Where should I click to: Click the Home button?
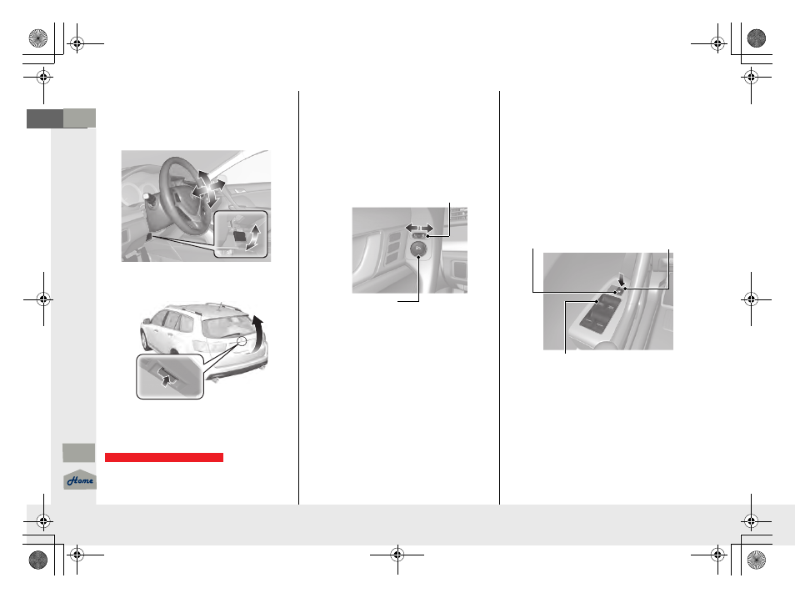click(80, 480)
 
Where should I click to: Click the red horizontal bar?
click(164, 457)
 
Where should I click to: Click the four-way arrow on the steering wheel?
click(208, 188)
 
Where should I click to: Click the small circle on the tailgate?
click(242, 341)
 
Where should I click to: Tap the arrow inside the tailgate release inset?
click(165, 377)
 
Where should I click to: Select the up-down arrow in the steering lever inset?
click(253, 237)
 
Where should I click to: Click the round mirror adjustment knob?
click(417, 249)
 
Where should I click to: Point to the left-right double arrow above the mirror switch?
click(419, 228)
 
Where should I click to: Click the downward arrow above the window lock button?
click(622, 279)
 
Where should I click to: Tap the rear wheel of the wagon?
click(145, 340)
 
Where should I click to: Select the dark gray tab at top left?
click(45, 118)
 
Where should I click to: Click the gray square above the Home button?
click(78, 453)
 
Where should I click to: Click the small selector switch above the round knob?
click(419, 235)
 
